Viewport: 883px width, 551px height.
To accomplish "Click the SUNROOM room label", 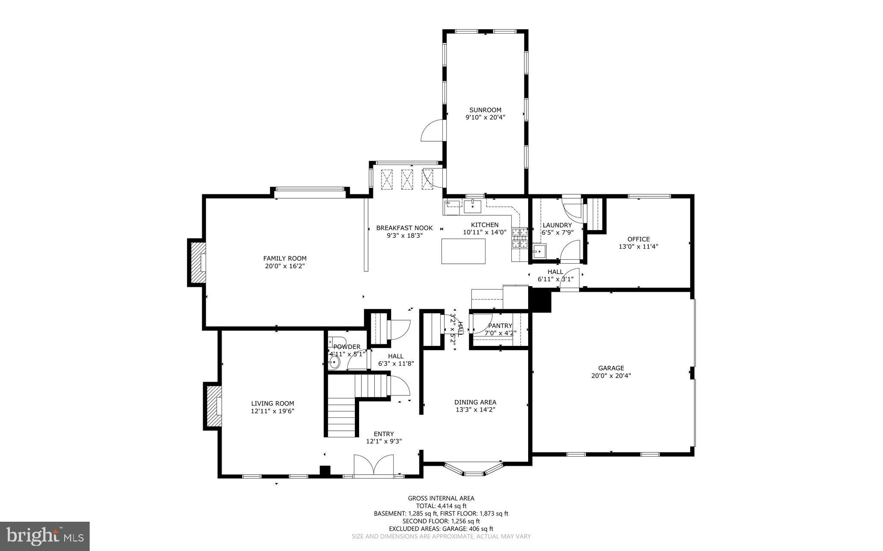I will [x=485, y=110].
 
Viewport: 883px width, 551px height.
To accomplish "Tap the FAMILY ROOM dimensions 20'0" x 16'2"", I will [x=285, y=266].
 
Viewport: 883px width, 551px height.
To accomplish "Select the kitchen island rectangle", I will [x=463, y=251].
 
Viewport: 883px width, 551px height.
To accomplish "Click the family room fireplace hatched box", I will [x=196, y=263].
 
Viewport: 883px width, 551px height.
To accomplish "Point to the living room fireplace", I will [x=213, y=406].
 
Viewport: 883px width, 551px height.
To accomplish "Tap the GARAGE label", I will [x=611, y=368].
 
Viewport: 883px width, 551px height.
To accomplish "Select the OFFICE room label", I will [x=638, y=239].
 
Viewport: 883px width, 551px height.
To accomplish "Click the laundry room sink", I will [x=539, y=251].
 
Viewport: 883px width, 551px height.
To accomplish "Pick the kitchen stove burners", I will [x=520, y=238].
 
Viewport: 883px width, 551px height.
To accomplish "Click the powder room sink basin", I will [x=334, y=362].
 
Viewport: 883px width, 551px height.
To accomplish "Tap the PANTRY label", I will [x=500, y=326].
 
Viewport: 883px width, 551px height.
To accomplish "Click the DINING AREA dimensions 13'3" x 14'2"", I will [x=475, y=410].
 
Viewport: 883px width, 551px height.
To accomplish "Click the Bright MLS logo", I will [x=45, y=536].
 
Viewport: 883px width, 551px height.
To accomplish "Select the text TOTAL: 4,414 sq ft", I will [x=441, y=506].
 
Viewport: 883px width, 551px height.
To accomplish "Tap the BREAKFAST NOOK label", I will [x=404, y=228].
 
